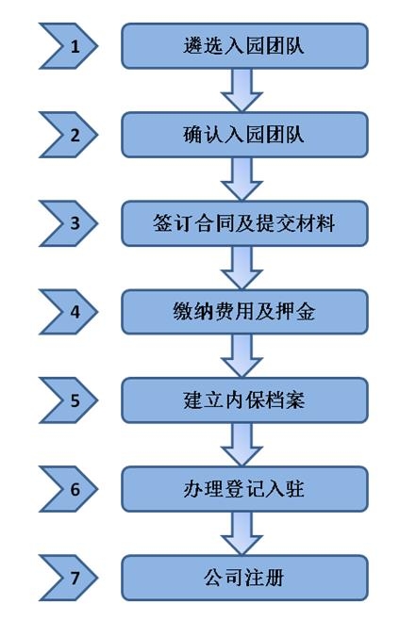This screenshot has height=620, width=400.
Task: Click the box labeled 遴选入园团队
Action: (244, 46)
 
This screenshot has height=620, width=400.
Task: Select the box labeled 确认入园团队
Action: (244, 135)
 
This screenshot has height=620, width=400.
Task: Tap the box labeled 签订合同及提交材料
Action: (244, 223)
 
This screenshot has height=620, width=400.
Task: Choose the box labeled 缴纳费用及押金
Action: (244, 312)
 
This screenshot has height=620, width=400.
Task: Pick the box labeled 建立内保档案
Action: (244, 400)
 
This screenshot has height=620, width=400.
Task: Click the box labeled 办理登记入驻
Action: (244, 489)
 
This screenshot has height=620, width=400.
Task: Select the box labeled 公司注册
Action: (244, 578)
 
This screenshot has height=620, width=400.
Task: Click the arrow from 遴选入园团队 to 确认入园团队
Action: (242, 90)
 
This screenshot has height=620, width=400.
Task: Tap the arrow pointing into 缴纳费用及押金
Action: (242, 268)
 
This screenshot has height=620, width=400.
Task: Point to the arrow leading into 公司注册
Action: (242, 533)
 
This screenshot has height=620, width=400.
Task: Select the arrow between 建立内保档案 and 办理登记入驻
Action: (242, 445)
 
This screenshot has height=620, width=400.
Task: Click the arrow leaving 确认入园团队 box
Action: (242, 179)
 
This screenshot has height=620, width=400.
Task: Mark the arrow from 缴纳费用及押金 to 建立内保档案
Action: (242, 356)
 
